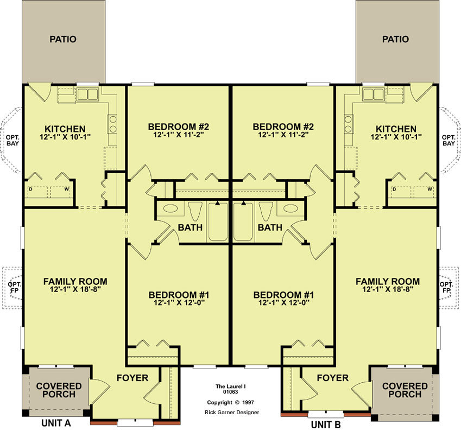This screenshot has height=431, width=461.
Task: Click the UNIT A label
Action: [x=56, y=423]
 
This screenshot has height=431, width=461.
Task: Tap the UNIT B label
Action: [x=326, y=425]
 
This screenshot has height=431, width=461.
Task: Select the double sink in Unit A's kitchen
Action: [x=87, y=94]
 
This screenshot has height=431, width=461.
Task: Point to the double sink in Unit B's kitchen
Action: [x=374, y=94]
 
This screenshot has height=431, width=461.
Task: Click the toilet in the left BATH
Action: [x=195, y=211]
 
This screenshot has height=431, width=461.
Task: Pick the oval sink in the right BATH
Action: [x=291, y=208]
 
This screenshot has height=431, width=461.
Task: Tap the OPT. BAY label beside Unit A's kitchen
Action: [x=12, y=141]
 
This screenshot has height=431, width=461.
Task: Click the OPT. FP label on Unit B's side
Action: [x=446, y=288]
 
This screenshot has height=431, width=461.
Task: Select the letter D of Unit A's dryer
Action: [x=30, y=189]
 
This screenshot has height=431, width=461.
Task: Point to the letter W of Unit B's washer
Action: [x=430, y=189]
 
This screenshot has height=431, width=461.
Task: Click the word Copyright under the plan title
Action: [x=219, y=402]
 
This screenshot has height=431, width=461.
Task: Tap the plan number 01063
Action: [x=230, y=391]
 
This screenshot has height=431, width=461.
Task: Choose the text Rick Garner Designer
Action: [x=232, y=413]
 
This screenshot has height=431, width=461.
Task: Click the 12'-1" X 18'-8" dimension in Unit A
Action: [x=75, y=289]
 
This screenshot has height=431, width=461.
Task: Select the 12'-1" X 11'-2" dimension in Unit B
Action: [x=283, y=135]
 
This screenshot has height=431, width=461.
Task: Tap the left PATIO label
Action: [x=63, y=39]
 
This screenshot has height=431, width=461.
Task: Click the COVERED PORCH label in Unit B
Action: [x=405, y=390]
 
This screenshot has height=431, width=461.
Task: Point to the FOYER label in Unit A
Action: [x=132, y=378]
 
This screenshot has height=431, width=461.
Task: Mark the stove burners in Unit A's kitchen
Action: [x=112, y=124]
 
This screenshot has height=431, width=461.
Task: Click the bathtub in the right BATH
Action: [x=243, y=221]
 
